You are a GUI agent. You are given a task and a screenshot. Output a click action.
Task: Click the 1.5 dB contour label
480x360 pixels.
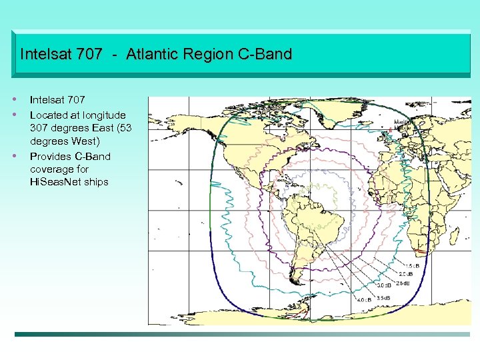point(413,267)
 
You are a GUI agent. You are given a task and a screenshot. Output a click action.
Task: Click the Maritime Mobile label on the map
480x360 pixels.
point(402,125)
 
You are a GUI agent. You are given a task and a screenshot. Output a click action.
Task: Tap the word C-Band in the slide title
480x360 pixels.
point(265,54)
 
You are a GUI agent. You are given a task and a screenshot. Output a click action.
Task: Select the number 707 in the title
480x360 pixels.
point(89,54)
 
